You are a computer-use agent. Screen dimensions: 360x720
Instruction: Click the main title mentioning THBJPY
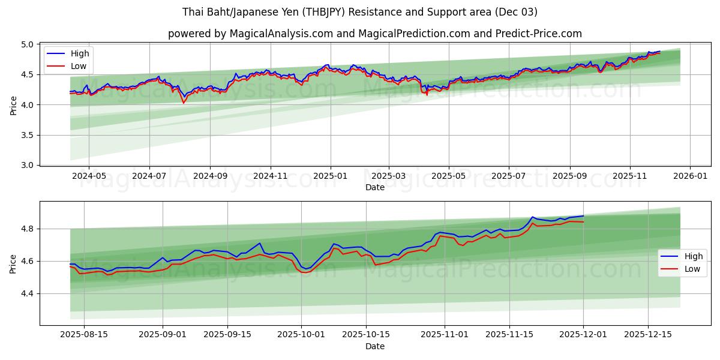point(360,12)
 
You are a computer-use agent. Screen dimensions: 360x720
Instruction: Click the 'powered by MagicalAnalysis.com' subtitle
point(375,34)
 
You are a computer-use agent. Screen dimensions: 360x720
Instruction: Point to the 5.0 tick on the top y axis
point(28,44)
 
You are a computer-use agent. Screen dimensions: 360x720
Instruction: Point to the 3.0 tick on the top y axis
point(28,165)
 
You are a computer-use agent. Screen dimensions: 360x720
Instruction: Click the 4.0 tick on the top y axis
point(28,105)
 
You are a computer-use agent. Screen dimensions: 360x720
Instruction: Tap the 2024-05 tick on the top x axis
point(89,176)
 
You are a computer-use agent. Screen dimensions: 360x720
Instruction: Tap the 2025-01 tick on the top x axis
point(330,176)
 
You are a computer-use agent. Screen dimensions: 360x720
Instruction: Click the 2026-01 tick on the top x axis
point(690,176)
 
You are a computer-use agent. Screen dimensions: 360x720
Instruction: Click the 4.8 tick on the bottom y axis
point(28,229)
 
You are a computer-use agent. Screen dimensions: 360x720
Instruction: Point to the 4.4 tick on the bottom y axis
point(28,294)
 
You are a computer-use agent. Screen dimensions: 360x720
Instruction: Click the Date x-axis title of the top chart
point(375,187)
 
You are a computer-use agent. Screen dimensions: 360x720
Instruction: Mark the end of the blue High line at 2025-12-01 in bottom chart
point(583,216)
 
